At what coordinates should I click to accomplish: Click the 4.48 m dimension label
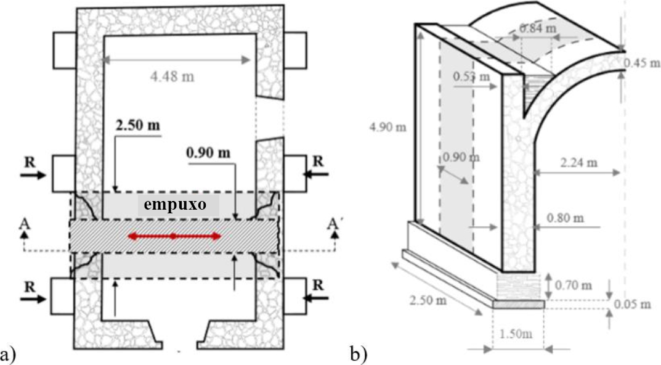click(x=177, y=76)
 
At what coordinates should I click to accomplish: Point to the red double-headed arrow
click(x=174, y=236)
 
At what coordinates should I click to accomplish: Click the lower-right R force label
click(x=318, y=285)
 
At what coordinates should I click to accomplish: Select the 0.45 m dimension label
click(x=641, y=63)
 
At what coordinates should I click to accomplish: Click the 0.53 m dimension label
click(x=471, y=77)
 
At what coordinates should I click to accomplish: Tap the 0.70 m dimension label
click(x=573, y=285)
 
